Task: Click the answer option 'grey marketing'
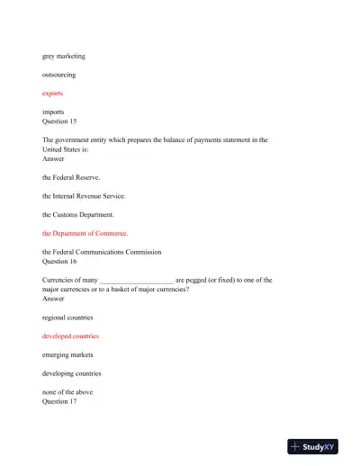[x=63, y=56]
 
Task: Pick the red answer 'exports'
[x=53, y=93]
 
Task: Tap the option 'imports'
[x=53, y=112]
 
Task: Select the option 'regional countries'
[x=67, y=318]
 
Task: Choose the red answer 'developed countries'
[x=70, y=336]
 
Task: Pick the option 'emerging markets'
[x=67, y=354]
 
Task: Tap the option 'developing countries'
[x=72, y=373]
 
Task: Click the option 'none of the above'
[x=67, y=392]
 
